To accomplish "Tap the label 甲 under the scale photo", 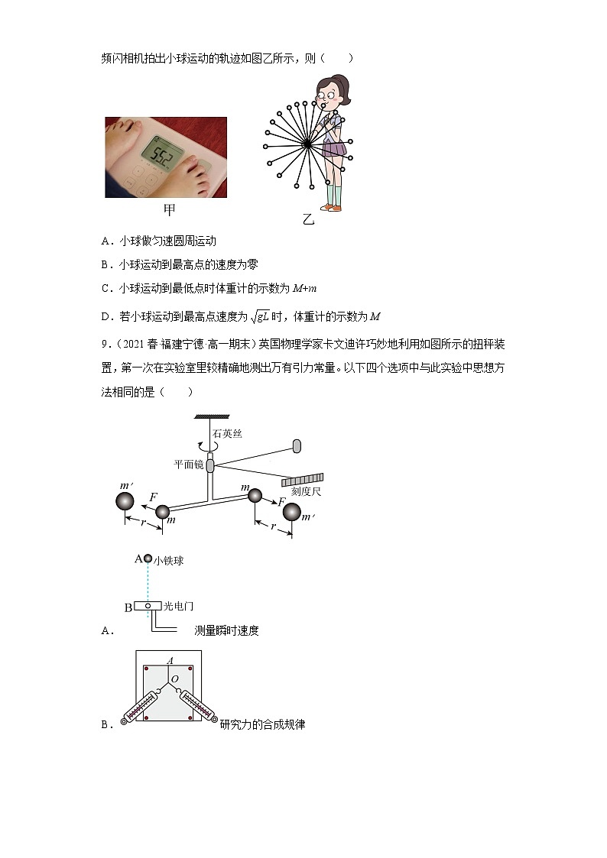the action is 169,209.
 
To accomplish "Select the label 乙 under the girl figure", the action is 308,220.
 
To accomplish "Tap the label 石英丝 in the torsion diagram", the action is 227,433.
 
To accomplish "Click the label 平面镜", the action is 188,464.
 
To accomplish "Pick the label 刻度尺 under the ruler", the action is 306,491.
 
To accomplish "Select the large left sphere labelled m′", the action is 125,501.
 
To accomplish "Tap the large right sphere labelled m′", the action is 291,512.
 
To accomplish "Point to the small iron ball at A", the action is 148,559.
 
